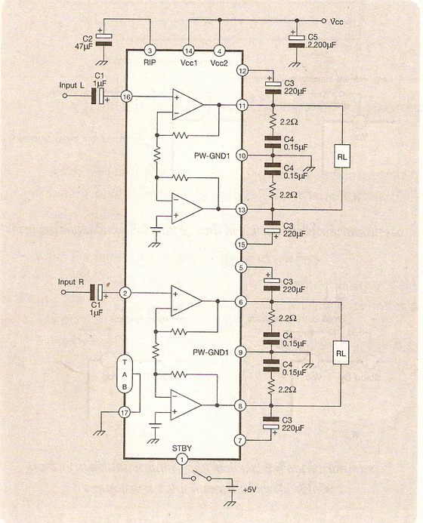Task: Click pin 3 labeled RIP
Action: (150, 51)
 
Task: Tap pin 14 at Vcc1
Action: (189, 51)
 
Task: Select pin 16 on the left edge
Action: (127, 97)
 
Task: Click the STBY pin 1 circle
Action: (182, 460)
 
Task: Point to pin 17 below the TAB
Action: (125, 413)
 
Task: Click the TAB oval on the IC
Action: (125, 374)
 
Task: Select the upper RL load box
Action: (342, 156)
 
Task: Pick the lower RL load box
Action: (341, 353)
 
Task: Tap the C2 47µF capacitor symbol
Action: (103, 39)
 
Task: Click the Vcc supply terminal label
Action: (336, 22)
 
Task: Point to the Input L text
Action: (72, 85)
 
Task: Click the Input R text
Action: (71, 281)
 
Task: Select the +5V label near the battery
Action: (249, 490)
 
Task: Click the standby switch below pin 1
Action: (201, 476)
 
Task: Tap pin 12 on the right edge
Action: (242, 71)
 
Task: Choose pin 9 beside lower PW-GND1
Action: (240, 352)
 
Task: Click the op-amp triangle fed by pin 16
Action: (187, 105)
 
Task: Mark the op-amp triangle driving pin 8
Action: (187, 405)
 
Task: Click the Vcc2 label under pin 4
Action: (219, 63)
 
